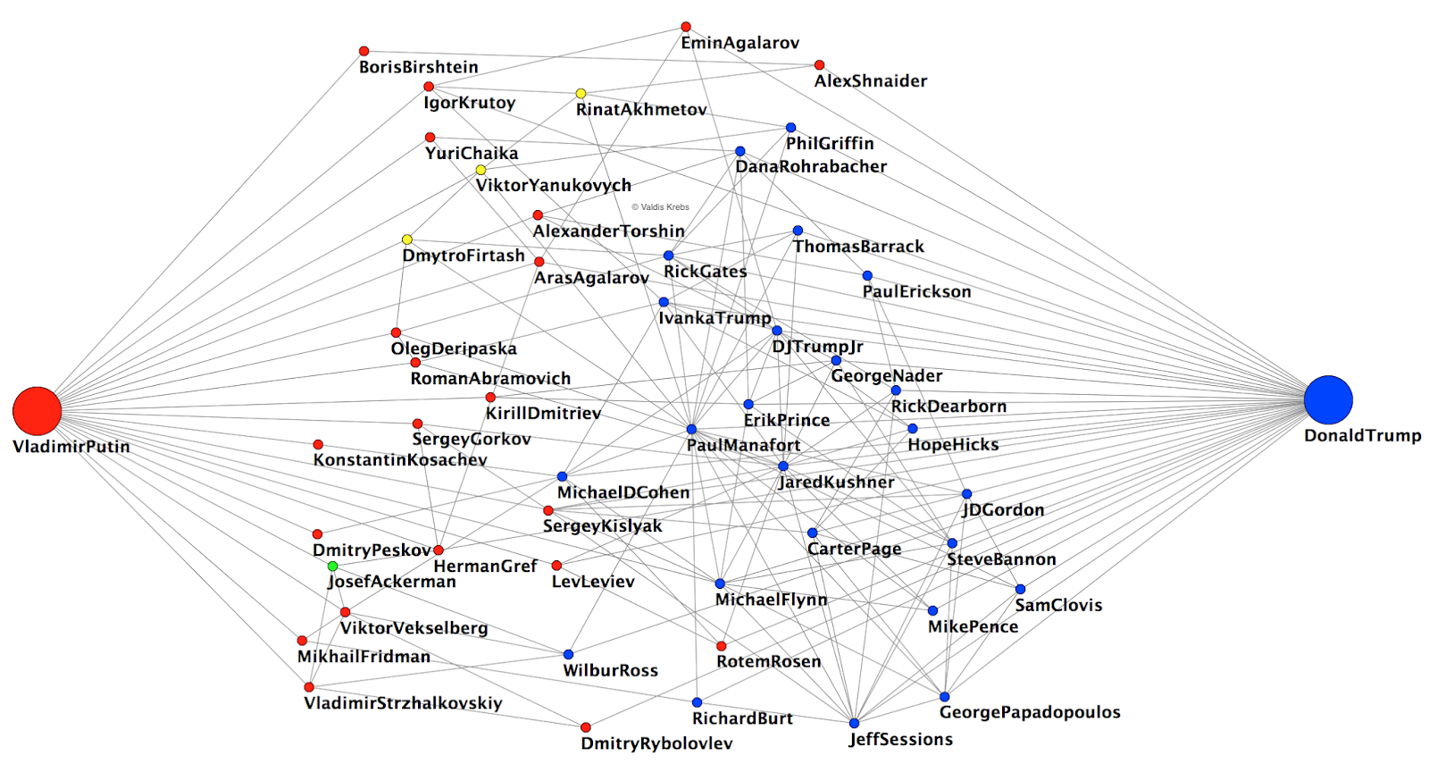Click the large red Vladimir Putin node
pyautogui.click(x=37, y=411)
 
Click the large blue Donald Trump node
pyautogui.click(x=1328, y=399)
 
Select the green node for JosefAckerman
pyautogui.click(x=332, y=567)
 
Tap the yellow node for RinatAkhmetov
pyautogui.click(x=581, y=94)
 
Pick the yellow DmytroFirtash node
pyautogui.click(x=407, y=239)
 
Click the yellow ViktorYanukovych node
pyautogui.click(x=481, y=170)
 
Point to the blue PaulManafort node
pyautogui.click(x=691, y=430)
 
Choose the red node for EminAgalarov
pyautogui.click(x=686, y=27)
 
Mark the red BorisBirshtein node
pyautogui.click(x=364, y=51)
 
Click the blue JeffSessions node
pyautogui.click(x=854, y=723)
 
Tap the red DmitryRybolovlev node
pyautogui.click(x=585, y=727)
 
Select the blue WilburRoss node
pyautogui.click(x=568, y=654)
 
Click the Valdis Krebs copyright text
pyautogui.click(x=660, y=207)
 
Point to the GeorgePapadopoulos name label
pyautogui.click(x=1029, y=712)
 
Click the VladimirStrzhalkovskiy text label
pyautogui.click(x=403, y=703)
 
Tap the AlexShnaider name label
pyautogui.click(x=870, y=81)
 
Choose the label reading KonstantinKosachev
pyautogui.click(x=400, y=460)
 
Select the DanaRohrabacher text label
pyautogui.click(x=811, y=167)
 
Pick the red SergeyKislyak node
pyautogui.click(x=548, y=511)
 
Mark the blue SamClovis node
pyautogui.click(x=1020, y=589)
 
